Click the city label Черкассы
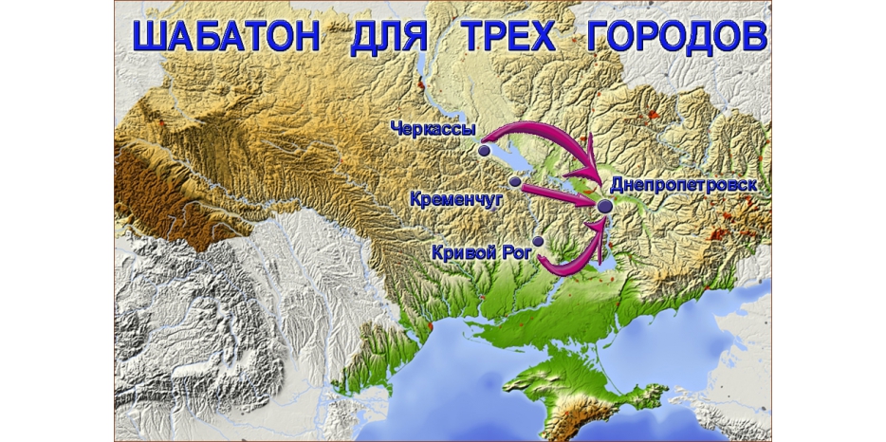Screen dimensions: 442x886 (x=433, y=128)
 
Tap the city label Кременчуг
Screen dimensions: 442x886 (x=456, y=199)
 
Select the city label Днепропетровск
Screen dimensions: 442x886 (x=683, y=185)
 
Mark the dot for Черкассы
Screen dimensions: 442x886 (x=485, y=150)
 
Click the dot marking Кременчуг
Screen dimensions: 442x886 (x=515, y=180)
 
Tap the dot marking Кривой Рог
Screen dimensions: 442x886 (x=538, y=242)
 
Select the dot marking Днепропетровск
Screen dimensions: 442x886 (x=602, y=206)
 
